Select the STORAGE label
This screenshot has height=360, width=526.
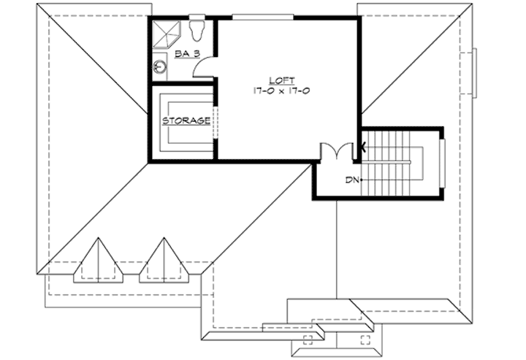pyautogui.click(x=186, y=120)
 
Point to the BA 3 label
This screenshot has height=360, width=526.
pyautogui.click(x=188, y=54)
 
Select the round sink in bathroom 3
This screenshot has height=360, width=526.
pyautogui.click(x=161, y=67)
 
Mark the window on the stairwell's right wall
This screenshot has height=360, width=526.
pyautogui.click(x=442, y=161)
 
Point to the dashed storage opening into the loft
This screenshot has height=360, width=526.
pyautogui.click(x=216, y=120)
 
